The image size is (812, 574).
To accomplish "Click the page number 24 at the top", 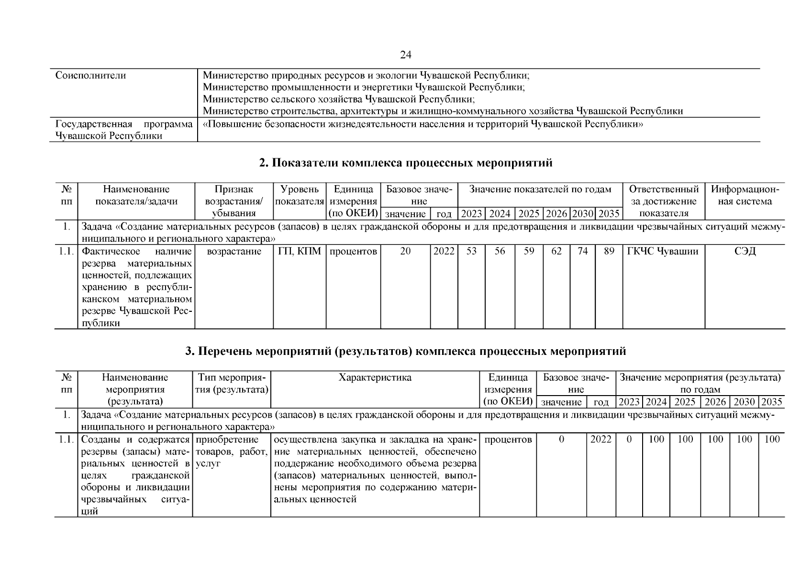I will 405,55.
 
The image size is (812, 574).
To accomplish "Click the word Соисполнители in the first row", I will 91,76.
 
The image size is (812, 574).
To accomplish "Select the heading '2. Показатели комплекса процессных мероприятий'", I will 405,163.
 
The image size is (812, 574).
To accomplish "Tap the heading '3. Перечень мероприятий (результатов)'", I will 405,352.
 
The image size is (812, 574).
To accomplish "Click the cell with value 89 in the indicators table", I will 609,252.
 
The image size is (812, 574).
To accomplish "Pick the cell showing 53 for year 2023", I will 471,252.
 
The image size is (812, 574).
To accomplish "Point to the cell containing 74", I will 582,252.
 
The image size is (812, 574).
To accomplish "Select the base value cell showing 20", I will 405,252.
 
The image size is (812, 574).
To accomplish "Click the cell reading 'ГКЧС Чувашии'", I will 663,252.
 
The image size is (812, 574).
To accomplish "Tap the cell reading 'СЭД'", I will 745,252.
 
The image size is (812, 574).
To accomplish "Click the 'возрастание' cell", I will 234,252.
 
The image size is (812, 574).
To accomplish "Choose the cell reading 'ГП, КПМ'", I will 300,252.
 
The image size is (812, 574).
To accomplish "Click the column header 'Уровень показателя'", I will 300,196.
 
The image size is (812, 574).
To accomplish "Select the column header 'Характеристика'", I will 375,378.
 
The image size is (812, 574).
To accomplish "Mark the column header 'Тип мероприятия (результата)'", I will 232,384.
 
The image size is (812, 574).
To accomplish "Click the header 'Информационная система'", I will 745,196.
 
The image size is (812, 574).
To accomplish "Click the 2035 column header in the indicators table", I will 609,214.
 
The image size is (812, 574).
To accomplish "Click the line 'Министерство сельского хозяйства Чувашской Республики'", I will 339,99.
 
